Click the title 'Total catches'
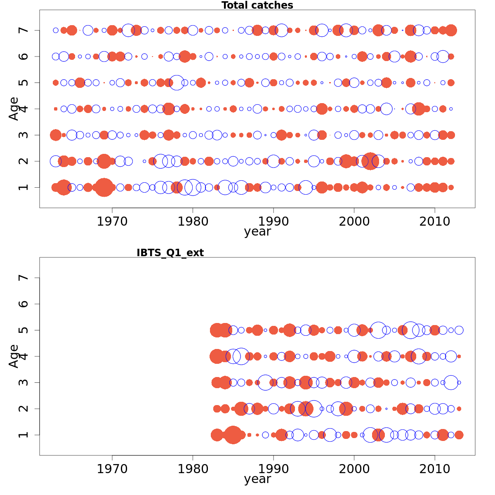coord(257,5)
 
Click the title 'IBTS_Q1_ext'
coord(170,253)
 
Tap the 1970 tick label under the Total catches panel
coord(112,222)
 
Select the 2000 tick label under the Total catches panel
coord(354,222)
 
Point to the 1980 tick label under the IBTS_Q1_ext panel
coord(193,469)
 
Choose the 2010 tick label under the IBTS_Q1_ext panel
coord(435,469)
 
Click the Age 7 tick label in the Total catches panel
coord(24,30)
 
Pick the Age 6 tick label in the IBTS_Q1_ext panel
coord(24,304)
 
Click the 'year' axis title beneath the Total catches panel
coord(257,232)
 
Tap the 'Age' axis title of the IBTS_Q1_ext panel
coord(14,356)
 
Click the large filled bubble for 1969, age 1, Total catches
coord(104,187)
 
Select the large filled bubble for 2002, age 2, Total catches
coord(370,161)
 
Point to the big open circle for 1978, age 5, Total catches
coord(177,82)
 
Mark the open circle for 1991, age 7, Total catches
coord(281,30)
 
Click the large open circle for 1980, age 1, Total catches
coord(193,187)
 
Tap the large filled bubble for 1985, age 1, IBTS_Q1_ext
coord(233,435)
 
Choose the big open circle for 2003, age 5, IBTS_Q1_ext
coord(378,330)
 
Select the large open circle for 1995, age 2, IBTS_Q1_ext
coord(313,408)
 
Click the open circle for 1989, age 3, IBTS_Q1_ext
coord(265,382)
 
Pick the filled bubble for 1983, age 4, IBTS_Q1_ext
coord(217,356)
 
